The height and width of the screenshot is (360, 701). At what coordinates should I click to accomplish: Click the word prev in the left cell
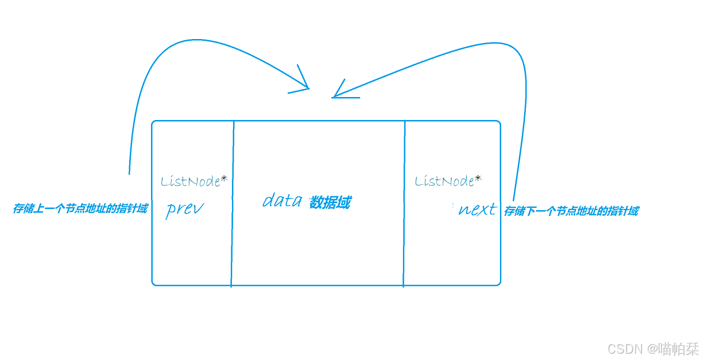tap(184, 209)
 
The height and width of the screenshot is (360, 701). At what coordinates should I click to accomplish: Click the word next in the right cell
tap(477, 210)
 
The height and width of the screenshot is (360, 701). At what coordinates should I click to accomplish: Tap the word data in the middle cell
tap(282, 200)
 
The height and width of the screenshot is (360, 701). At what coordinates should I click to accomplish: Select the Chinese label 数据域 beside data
tap(330, 203)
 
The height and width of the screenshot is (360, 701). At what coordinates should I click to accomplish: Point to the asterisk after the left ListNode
tap(224, 179)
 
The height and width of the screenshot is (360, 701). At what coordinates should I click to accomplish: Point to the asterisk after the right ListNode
tap(478, 179)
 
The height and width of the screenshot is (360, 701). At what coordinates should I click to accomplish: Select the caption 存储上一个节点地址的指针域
tap(80, 209)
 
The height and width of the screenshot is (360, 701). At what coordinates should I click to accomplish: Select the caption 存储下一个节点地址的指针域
tap(571, 211)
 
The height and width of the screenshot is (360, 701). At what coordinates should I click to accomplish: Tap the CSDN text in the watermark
tap(625, 349)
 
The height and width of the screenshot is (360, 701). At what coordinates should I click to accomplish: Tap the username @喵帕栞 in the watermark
tap(673, 349)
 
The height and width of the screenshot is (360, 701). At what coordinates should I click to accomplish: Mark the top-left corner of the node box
tap(153, 122)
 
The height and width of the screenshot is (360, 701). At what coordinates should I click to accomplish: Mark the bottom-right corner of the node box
tap(499, 283)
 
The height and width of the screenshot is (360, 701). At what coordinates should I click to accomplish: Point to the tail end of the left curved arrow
tap(129, 173)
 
